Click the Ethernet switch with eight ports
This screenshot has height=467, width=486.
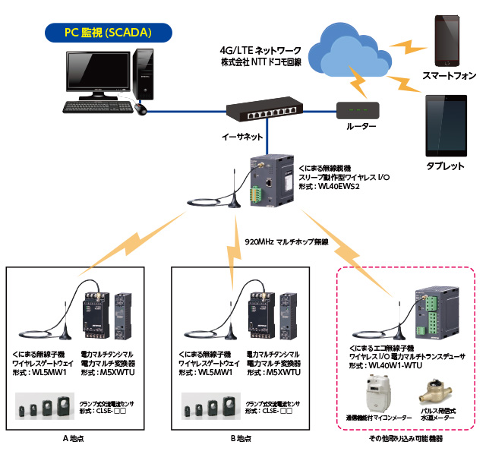(264, 112)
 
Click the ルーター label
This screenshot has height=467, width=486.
(361, 128)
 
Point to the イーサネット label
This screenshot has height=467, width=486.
(242, 137)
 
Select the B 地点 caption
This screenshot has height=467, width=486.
(243, 438)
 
